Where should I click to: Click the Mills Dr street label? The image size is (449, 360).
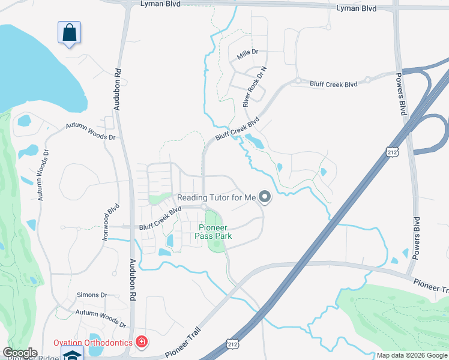247,53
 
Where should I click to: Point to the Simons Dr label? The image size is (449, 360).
92,295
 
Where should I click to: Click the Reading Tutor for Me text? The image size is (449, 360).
216,197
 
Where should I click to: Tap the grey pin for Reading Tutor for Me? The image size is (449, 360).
265,196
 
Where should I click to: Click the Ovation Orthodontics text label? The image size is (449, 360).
92,343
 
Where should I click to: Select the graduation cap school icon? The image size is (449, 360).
72,354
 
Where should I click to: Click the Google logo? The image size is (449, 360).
20,353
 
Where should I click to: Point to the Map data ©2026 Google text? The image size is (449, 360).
411,355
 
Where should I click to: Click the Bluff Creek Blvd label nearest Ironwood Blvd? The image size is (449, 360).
160,218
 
